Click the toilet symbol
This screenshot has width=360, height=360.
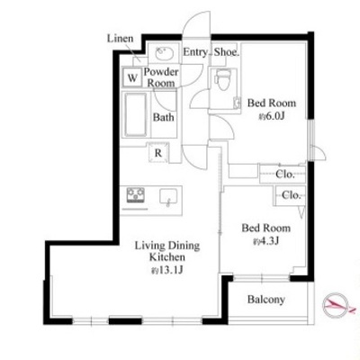point(223,79)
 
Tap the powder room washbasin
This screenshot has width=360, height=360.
point(164,54)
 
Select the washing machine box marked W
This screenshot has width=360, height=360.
point(132,77)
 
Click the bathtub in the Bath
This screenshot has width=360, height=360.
point(136,114)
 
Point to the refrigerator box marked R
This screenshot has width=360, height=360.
point(158,153)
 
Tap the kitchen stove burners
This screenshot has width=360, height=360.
point(135,195)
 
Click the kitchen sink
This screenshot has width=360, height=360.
point(168,197)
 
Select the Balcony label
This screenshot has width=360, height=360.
point(266,300)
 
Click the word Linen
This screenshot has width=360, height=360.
point(120,39)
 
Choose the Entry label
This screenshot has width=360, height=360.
point(195,52)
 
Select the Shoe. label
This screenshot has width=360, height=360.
point(227,52)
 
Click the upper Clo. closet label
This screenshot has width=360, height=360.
point(285,174)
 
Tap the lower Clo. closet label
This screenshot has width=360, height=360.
point(291,195)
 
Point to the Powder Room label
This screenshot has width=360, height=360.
point(161,77)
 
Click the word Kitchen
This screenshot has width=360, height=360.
point(167,257)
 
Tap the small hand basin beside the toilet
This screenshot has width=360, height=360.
point(237,103)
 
